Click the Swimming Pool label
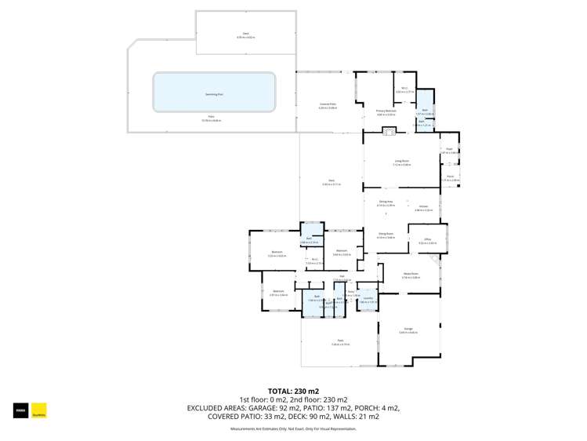[214, 93]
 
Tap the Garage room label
[408, 329]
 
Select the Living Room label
[401, 161]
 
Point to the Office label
[428, 239]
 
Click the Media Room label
[411, 274]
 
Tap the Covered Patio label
[327, 104]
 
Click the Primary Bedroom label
[386, 111]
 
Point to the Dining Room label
[386, 233]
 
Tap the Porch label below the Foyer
[450, 177]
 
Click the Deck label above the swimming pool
[245, 35]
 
